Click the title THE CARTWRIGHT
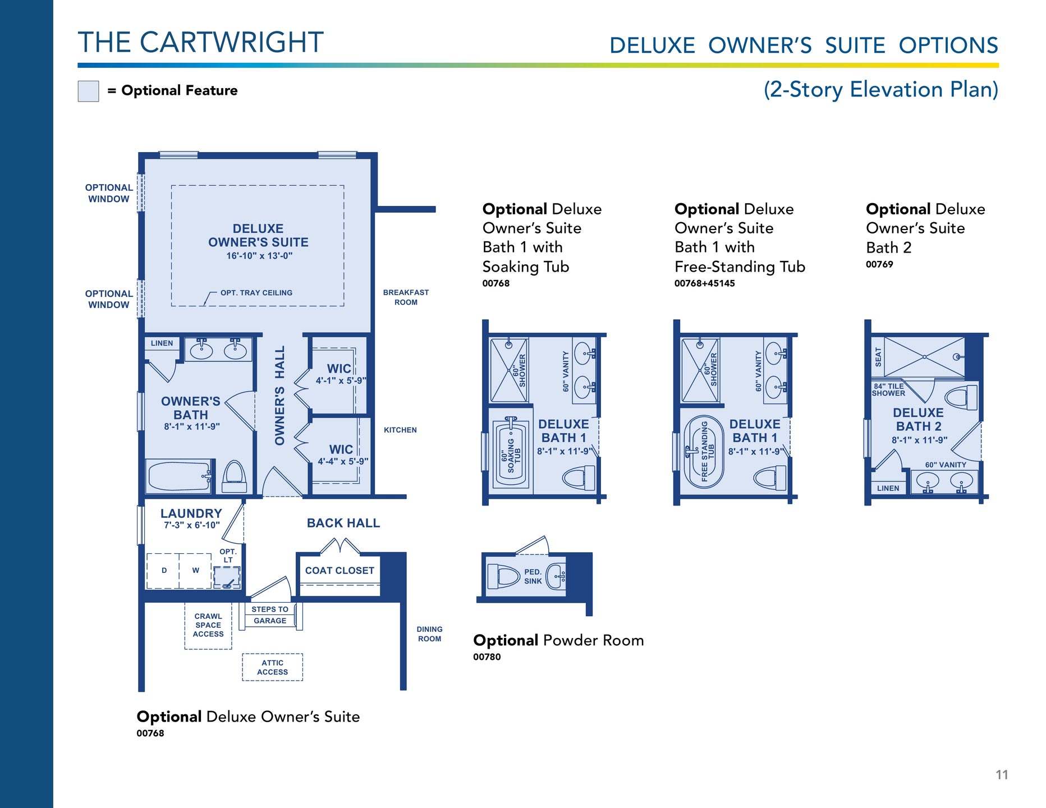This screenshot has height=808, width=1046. tap(201, 43)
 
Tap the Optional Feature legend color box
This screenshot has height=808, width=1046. tap(88, 91)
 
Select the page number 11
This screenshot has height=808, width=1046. tap(1002, 775)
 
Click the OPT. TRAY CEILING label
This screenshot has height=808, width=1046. tap(256, 293)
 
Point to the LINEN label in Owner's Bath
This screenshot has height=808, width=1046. tap(162, 343)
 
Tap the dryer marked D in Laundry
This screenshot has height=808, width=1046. tap(163, 571)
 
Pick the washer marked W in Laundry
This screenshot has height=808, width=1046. tap(195, 571)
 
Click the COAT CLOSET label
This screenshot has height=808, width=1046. tap(340, 571)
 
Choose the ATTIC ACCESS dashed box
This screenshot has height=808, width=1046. tap(273, 667)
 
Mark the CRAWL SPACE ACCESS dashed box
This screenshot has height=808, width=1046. tap(208, 626)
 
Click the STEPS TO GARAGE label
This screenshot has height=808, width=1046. tap(270, 615)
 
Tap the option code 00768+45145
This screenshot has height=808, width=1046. tap(704, 283)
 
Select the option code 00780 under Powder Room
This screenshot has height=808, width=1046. tap(487, 657)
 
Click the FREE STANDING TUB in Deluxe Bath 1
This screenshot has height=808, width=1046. tap(704, 451)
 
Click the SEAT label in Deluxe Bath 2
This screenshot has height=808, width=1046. tap(878, 357)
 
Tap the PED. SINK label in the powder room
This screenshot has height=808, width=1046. tap(533, 577)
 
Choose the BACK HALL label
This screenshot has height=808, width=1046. tap(343, 523)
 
